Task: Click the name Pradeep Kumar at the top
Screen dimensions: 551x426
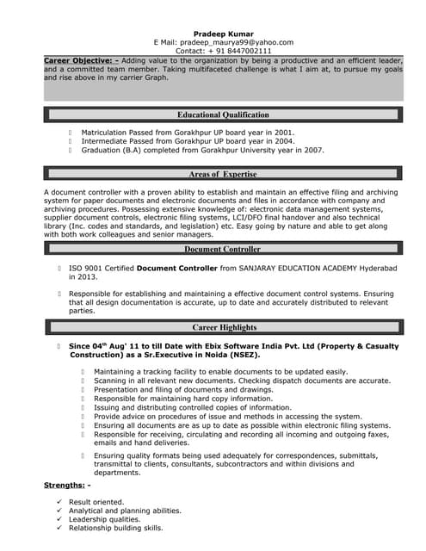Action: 223,33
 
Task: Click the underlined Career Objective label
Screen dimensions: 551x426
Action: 81,61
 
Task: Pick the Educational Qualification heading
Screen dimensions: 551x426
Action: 223,115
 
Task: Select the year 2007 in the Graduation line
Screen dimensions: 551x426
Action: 312,150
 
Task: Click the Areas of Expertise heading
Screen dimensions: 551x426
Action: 223,174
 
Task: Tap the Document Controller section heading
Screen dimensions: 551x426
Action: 222,250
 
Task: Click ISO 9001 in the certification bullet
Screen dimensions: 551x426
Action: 87,269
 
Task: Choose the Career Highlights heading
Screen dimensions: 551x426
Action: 224,328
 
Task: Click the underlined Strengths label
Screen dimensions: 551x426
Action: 66,486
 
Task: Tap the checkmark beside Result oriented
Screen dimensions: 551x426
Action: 58,502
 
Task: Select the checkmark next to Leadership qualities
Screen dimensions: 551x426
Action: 58,519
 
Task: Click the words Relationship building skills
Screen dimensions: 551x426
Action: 115,528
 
